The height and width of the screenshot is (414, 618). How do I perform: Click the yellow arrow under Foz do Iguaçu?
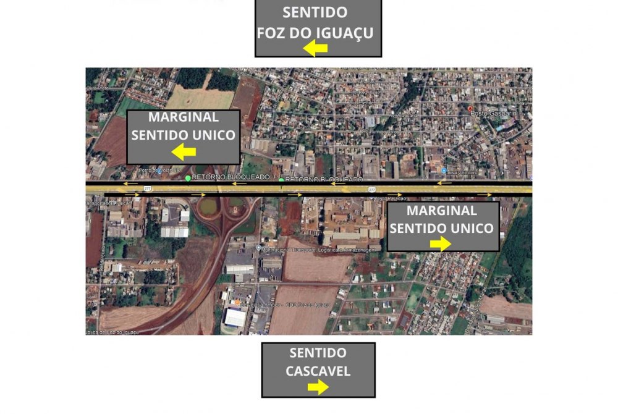(315, 48)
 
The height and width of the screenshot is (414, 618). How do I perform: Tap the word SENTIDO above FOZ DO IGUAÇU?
(315, 12)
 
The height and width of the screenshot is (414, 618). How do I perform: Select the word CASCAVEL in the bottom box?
(318, 371)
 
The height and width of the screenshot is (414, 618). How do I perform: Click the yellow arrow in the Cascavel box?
(318, 387)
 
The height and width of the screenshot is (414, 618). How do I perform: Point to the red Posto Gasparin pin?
(470, 108)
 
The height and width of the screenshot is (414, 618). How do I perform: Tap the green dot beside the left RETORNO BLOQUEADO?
(188, 178)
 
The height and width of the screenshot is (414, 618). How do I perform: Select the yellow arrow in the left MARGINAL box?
(184, 151)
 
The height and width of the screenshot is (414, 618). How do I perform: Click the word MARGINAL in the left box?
(184, 117)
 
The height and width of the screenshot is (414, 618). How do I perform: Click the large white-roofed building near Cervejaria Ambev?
(235, 319)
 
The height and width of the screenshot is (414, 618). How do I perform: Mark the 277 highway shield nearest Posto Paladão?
(371, 189)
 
